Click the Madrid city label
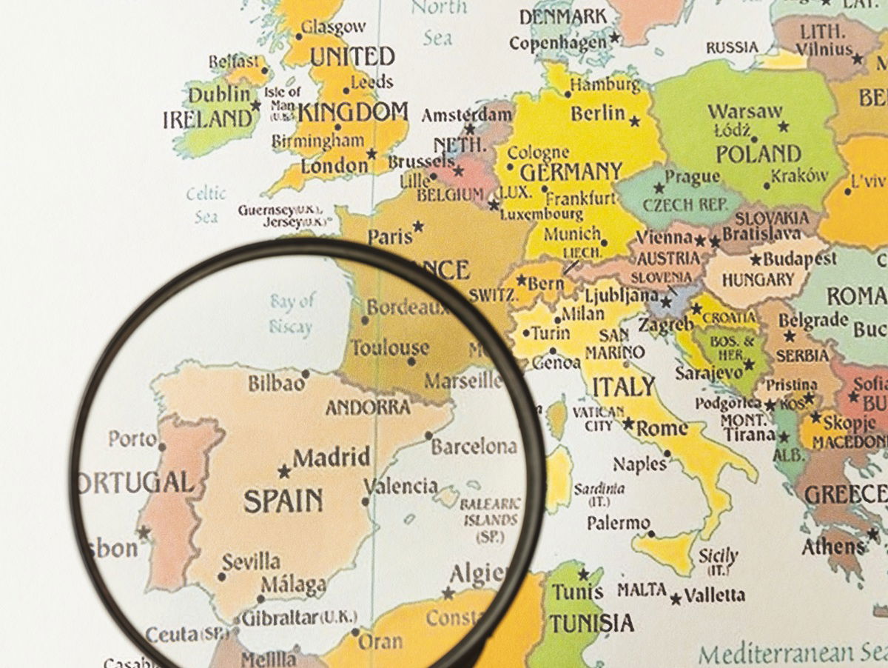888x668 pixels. (x=332, y=457)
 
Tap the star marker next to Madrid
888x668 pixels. (x=283, y=471)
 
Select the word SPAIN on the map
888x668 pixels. (x=283, y=501)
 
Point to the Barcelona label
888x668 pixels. (x=474, y=447)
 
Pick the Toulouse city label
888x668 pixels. (x=389, y=347)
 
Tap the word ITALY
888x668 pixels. (x=624, y=386)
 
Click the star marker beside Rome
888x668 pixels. (x=628, y=424)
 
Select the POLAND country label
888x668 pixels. (x=758, y=154)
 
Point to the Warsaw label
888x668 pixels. (x=744, y=112)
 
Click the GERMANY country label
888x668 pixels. (x=571, y=173)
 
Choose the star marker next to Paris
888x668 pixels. (x=419, y=226)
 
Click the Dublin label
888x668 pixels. (x=220, y=95)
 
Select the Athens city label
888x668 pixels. (x=833, y=547)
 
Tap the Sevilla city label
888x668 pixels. (x=251, y=561)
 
